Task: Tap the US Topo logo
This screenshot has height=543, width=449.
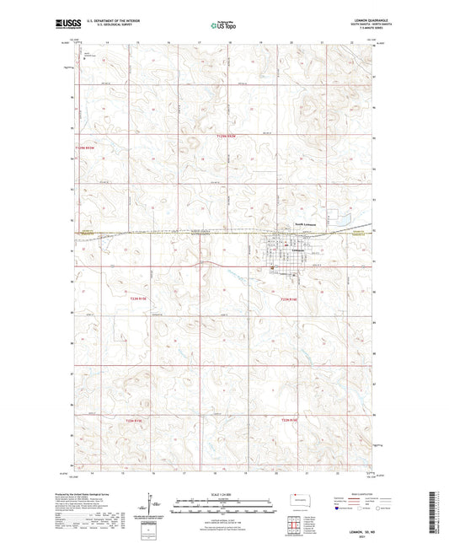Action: [222, 26]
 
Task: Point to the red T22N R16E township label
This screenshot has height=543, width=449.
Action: [290, 300]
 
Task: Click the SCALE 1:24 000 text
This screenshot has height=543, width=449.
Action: [223, 496]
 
